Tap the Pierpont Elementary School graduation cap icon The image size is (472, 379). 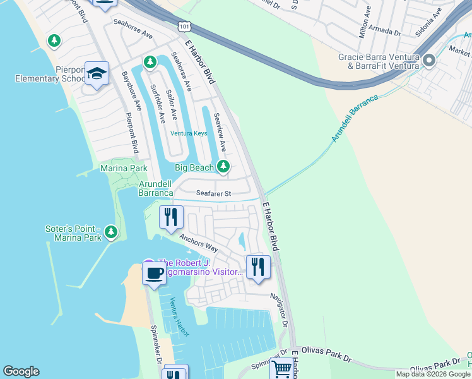click(97, 75)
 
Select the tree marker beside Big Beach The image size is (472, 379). click(223, 167)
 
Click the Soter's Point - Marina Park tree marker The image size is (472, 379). click(111, 232)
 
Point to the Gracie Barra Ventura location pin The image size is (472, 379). click(430, 61)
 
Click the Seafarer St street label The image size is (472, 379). click(213, 193)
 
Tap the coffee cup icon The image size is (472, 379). click(153, 273)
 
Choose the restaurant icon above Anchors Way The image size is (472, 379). click(170, 217)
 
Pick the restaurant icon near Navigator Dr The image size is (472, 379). click(257, 267)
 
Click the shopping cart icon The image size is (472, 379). click(281, 368)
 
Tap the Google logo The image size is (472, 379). click(21, 371)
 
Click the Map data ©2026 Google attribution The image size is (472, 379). click(433, 374)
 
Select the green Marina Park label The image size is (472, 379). click(124, 168)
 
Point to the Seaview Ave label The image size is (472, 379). click(220, 132)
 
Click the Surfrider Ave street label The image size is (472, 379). click(157, 104)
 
